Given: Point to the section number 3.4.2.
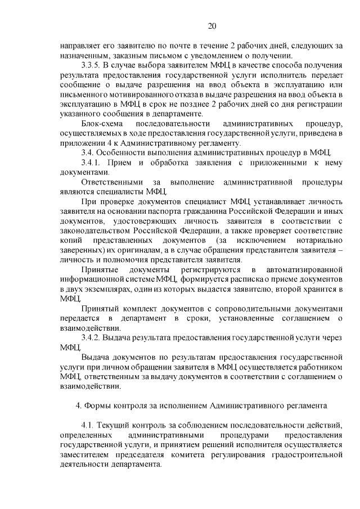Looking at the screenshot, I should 94,337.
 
